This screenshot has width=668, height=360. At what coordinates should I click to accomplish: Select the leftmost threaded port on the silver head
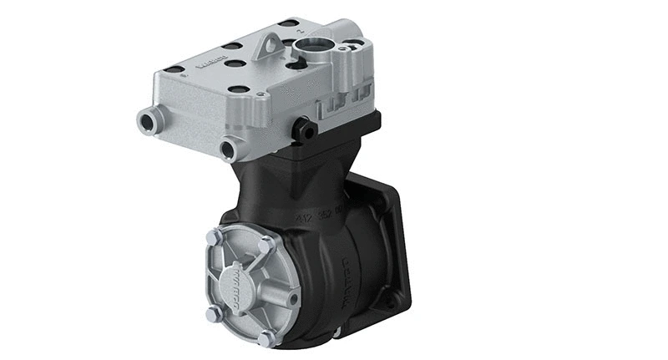click(x=148, y=122)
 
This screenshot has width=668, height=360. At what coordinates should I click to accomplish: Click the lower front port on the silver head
click(x=227, y=150)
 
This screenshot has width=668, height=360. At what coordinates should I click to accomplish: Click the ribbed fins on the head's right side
click(x=338, y=106)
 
